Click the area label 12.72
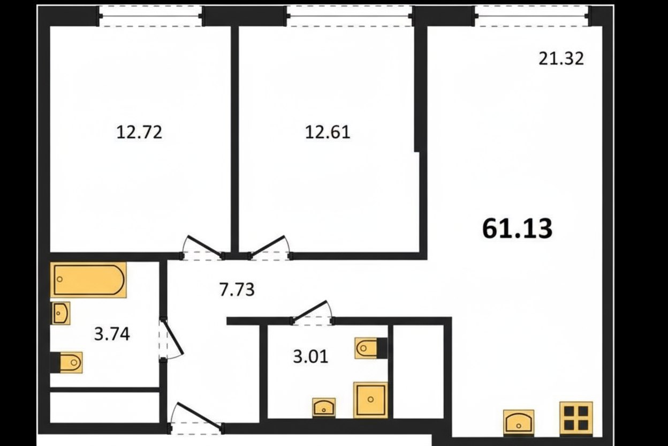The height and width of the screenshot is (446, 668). click(139, 132)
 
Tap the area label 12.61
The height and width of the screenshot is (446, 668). click(328, 132)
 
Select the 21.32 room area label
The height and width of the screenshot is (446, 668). click(561, 58)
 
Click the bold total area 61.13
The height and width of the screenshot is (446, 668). click(518, 229)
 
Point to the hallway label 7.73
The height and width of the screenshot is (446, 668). click(237, 289)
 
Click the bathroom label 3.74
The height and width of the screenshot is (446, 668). click(112, 334)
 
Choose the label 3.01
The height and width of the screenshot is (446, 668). click(311, 356)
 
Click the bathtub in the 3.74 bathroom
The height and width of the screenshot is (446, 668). click(88, 280)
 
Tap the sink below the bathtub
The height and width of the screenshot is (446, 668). click(61, 313)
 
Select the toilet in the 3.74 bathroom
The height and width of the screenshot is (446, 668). click(66, 362)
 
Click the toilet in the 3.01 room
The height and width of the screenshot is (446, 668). click(371, 348)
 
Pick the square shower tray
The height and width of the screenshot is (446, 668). click(371, 400)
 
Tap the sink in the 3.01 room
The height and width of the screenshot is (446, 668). click(324, 408)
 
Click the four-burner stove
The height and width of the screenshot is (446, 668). click(576, 419)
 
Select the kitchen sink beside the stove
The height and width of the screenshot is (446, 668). click(519, 423)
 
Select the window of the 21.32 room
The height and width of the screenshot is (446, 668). click(532, 16)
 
